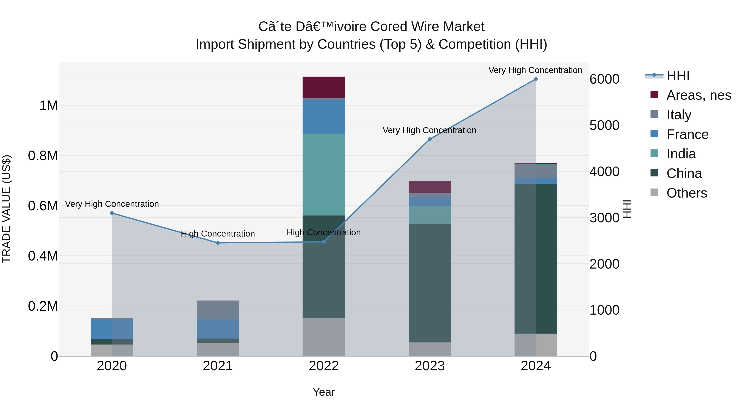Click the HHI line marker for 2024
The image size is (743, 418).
(536, 79)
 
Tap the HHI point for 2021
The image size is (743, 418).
(218, 243)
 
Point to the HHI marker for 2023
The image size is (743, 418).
(430, 139)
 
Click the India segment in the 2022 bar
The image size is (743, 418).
(324, 174)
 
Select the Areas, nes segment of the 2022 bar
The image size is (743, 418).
(324, 87)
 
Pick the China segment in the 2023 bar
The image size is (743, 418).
(430, 283)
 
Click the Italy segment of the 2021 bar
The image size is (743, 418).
(218, 310)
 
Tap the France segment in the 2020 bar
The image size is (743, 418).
(112, 329)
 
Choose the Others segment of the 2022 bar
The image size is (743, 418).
(324, 337)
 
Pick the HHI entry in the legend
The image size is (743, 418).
(678, 76)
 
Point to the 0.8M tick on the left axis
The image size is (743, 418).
(43, 156)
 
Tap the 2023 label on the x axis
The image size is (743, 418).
(430, 366)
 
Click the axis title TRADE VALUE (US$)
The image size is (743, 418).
(6, 209)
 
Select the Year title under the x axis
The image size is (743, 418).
(324, 392)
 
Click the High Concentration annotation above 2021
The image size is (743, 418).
(218, 234)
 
